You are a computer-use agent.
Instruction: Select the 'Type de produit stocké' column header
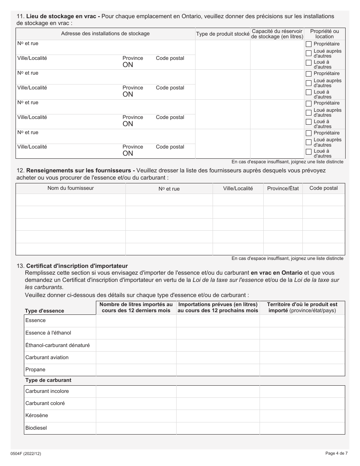[222, 34]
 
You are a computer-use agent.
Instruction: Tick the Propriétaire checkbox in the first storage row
[308, 44]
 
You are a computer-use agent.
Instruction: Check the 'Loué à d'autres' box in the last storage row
[308, 152]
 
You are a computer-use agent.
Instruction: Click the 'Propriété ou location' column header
[324, 34]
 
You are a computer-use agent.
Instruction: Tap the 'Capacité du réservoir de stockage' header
[277, 34]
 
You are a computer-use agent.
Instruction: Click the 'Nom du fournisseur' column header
[70, 188]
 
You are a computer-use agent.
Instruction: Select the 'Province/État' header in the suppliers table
[283, 188]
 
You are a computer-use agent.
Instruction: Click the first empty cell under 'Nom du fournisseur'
[70, 200]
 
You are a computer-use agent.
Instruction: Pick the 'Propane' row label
[35, 369]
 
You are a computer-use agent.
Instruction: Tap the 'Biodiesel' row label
[36, 428]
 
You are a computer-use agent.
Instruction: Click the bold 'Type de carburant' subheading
[48, 380]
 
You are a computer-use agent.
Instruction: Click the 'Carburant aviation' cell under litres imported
[136, 357]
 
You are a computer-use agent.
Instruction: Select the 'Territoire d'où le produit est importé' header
[302, 307]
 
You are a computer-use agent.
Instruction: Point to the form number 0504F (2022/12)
[26, 453]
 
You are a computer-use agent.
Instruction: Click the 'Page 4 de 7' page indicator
[336, 453]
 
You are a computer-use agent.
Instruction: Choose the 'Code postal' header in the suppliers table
[323, 188]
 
